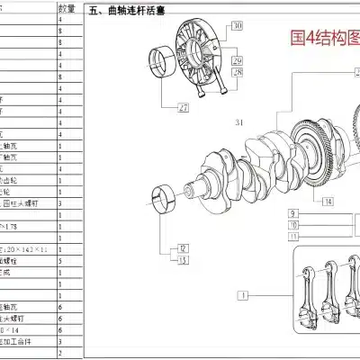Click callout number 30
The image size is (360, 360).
tap(237, 28)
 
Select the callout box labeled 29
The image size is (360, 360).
tap(237, 60)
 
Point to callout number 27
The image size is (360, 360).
tap(184, 107)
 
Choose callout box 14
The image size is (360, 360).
tap(328, 201)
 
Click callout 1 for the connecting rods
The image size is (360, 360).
tap(242, 294)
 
